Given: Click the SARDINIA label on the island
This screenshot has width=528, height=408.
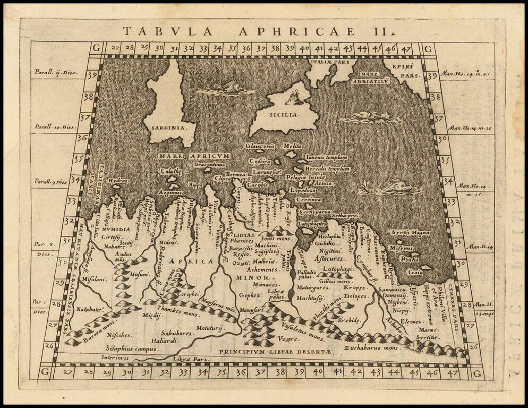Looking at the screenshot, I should click(166, 128).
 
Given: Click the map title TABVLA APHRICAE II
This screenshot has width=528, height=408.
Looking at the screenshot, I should click(260, 31).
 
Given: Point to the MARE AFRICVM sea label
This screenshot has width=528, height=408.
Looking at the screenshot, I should click(193, 156).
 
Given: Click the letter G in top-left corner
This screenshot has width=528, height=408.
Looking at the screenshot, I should click(96, 47).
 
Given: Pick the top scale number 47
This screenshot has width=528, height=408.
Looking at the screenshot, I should click(405, 48).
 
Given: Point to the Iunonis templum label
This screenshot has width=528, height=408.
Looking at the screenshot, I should click(327, 158).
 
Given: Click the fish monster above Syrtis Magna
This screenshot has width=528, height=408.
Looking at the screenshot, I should click(390, 188).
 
